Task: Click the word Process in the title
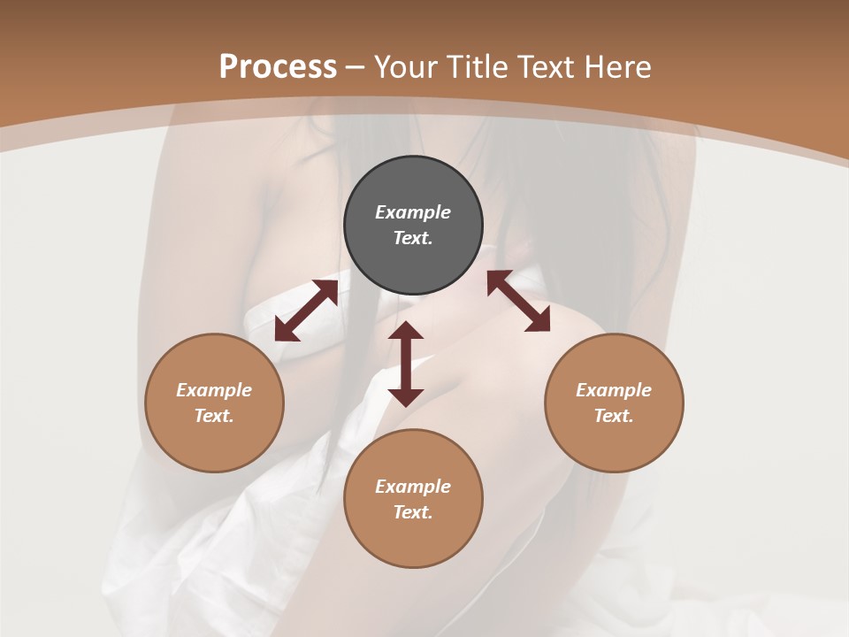(278, 67)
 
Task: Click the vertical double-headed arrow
(406, 364)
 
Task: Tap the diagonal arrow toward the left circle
(306, 311)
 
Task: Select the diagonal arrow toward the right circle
(518, 301)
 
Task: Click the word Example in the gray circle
(413, 212)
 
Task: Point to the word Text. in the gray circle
(413, 238)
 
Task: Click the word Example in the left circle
(214, 390)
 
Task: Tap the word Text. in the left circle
(214, 416)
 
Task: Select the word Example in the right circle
(614, 390)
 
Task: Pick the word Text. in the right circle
(614, 416)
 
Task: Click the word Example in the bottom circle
(413, 487)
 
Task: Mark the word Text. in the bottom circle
(413, 512)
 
